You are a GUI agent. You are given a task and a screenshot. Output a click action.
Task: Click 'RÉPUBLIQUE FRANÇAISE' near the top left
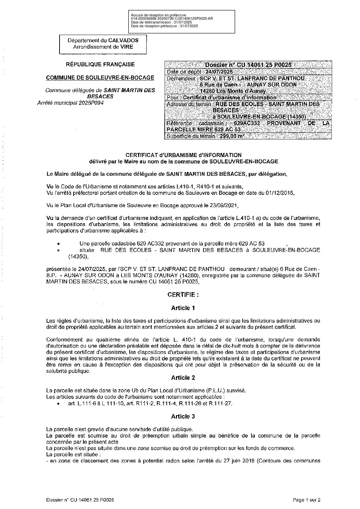coord(100,64)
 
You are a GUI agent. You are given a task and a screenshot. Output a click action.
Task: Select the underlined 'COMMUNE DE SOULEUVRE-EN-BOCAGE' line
coord(100,78)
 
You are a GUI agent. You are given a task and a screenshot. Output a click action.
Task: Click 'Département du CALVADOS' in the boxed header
coord(103,40)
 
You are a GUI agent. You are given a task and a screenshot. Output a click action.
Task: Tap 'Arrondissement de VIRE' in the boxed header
coord(103,47)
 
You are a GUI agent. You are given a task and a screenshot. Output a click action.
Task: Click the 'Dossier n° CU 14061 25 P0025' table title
coord(248,65)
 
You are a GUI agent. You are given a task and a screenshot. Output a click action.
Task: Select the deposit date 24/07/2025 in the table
coord(219,72)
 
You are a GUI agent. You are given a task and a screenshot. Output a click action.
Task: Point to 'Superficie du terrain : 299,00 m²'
coord(206,136)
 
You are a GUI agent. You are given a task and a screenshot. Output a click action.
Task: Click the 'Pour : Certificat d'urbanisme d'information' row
coord(222,98)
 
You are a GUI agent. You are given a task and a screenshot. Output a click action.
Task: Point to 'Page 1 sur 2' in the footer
coord(307,500)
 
